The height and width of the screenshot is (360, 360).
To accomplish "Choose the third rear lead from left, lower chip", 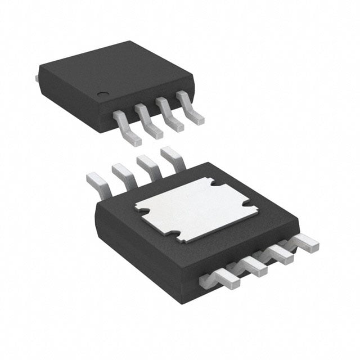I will pyautogui.click(x=146, y=165).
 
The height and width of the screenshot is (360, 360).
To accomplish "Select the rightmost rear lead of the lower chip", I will pyautogui.click(x=171, y=156).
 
